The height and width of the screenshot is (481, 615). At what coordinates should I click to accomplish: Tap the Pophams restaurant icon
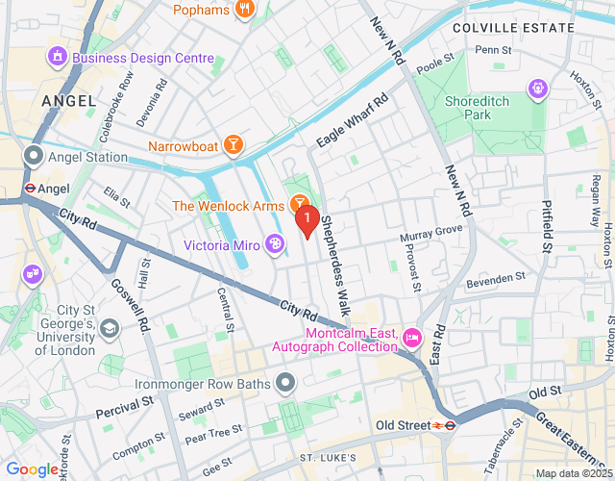tap(245, 10)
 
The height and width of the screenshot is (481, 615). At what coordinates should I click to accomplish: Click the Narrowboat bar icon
tap(232, 146)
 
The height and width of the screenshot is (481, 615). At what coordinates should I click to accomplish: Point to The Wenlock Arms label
tap(229, 206)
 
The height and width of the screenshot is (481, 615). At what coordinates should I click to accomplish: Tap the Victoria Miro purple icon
tap(275, 244)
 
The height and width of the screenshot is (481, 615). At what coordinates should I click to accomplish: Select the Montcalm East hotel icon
tap(412, 337)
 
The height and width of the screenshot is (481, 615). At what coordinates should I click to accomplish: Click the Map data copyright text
tap(573, 473)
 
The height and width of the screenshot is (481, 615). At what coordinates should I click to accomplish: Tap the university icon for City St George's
tap(110, 329)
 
